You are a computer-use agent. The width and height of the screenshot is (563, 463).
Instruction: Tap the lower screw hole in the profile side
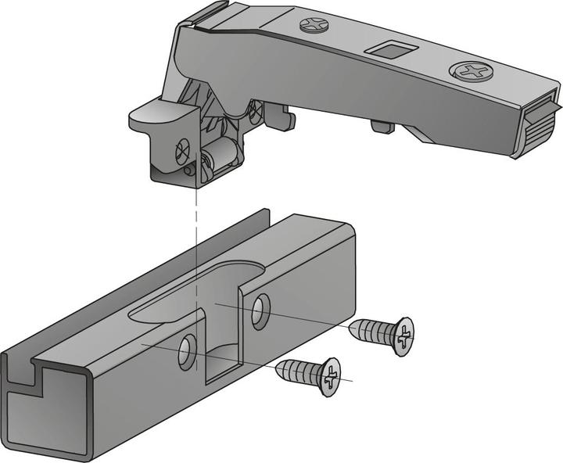coord(186,351)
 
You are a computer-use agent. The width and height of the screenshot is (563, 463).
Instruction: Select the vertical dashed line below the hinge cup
coord(196,258)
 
